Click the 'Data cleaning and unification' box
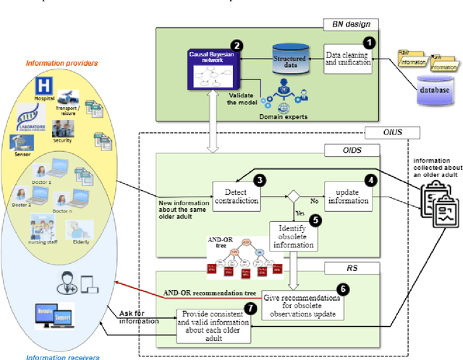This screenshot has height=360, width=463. [x=349, y=58]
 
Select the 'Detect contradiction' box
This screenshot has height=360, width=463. [x=235, y=196]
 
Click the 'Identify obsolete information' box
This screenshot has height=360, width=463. [x=293, y=235]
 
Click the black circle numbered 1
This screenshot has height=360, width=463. [x=369, y=43]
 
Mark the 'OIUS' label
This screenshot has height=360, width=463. [x=396, y=134]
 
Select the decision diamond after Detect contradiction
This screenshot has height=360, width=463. [x=294, y=195]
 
